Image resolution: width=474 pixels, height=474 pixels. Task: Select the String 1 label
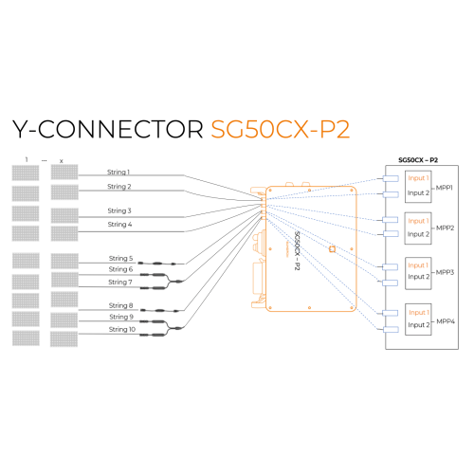[119, 173]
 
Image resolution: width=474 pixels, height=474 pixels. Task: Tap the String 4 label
[119, 225]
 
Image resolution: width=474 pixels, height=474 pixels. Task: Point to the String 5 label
[120, 258]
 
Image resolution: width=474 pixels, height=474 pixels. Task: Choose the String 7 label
[120, 282]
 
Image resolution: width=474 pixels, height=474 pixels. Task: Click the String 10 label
[121, 329]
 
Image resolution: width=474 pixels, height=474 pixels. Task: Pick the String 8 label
[120, 305]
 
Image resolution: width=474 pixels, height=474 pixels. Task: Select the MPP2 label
[445, 228]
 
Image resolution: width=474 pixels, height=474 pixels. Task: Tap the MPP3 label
[445, 272]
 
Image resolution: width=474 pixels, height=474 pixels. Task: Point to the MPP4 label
[445, 321]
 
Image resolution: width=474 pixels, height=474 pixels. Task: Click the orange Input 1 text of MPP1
[417, 178]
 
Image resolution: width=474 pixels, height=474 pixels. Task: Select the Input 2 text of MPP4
[417, 325]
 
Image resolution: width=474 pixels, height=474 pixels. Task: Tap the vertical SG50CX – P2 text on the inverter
[297, 250]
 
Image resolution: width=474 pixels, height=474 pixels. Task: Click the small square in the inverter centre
[332, 249]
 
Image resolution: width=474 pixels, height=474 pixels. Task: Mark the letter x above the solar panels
[62, 160]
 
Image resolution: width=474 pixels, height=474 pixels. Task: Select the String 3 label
[119, 210]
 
